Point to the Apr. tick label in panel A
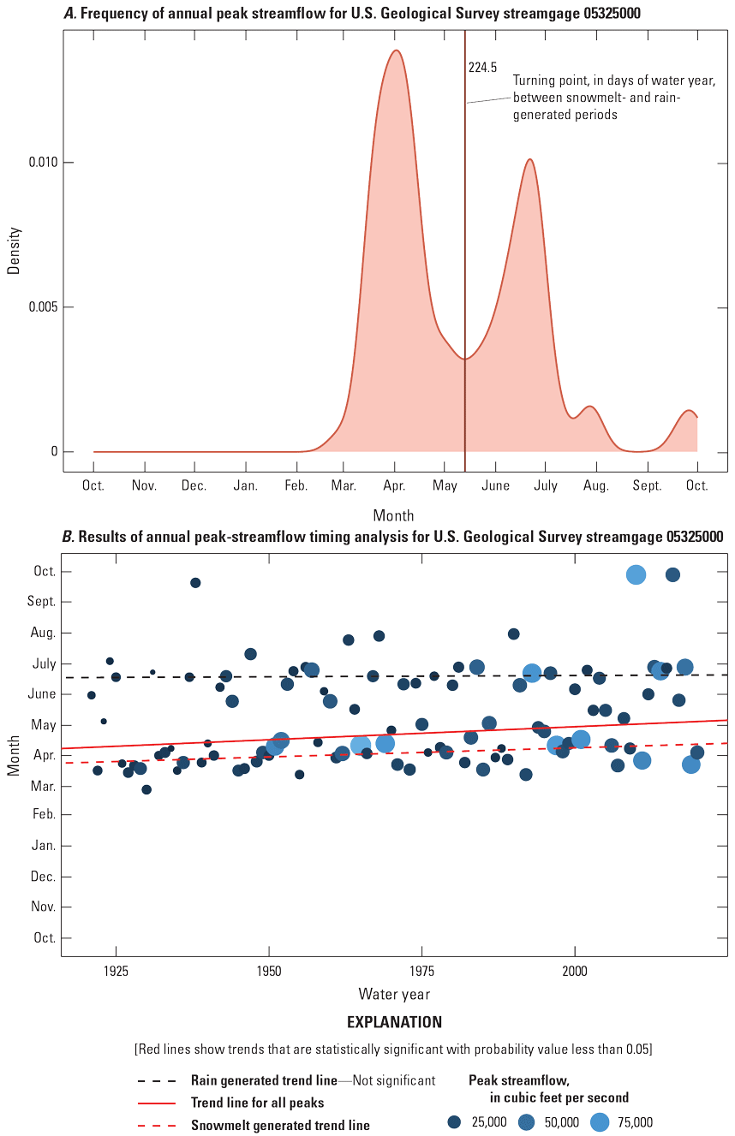[x=395, y=486]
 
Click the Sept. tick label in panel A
[x=648, y=486]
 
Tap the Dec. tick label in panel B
[x=43, y=877]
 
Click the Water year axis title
[x=394, y=995]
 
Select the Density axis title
[x=14, y=249]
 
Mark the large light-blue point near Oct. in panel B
[x=636, y=574]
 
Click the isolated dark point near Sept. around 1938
[x=195, y=583]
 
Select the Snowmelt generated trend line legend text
[x=280, y=1126]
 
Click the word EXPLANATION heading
[x=394, y=1022]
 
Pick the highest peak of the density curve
[x=396, y=51]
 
